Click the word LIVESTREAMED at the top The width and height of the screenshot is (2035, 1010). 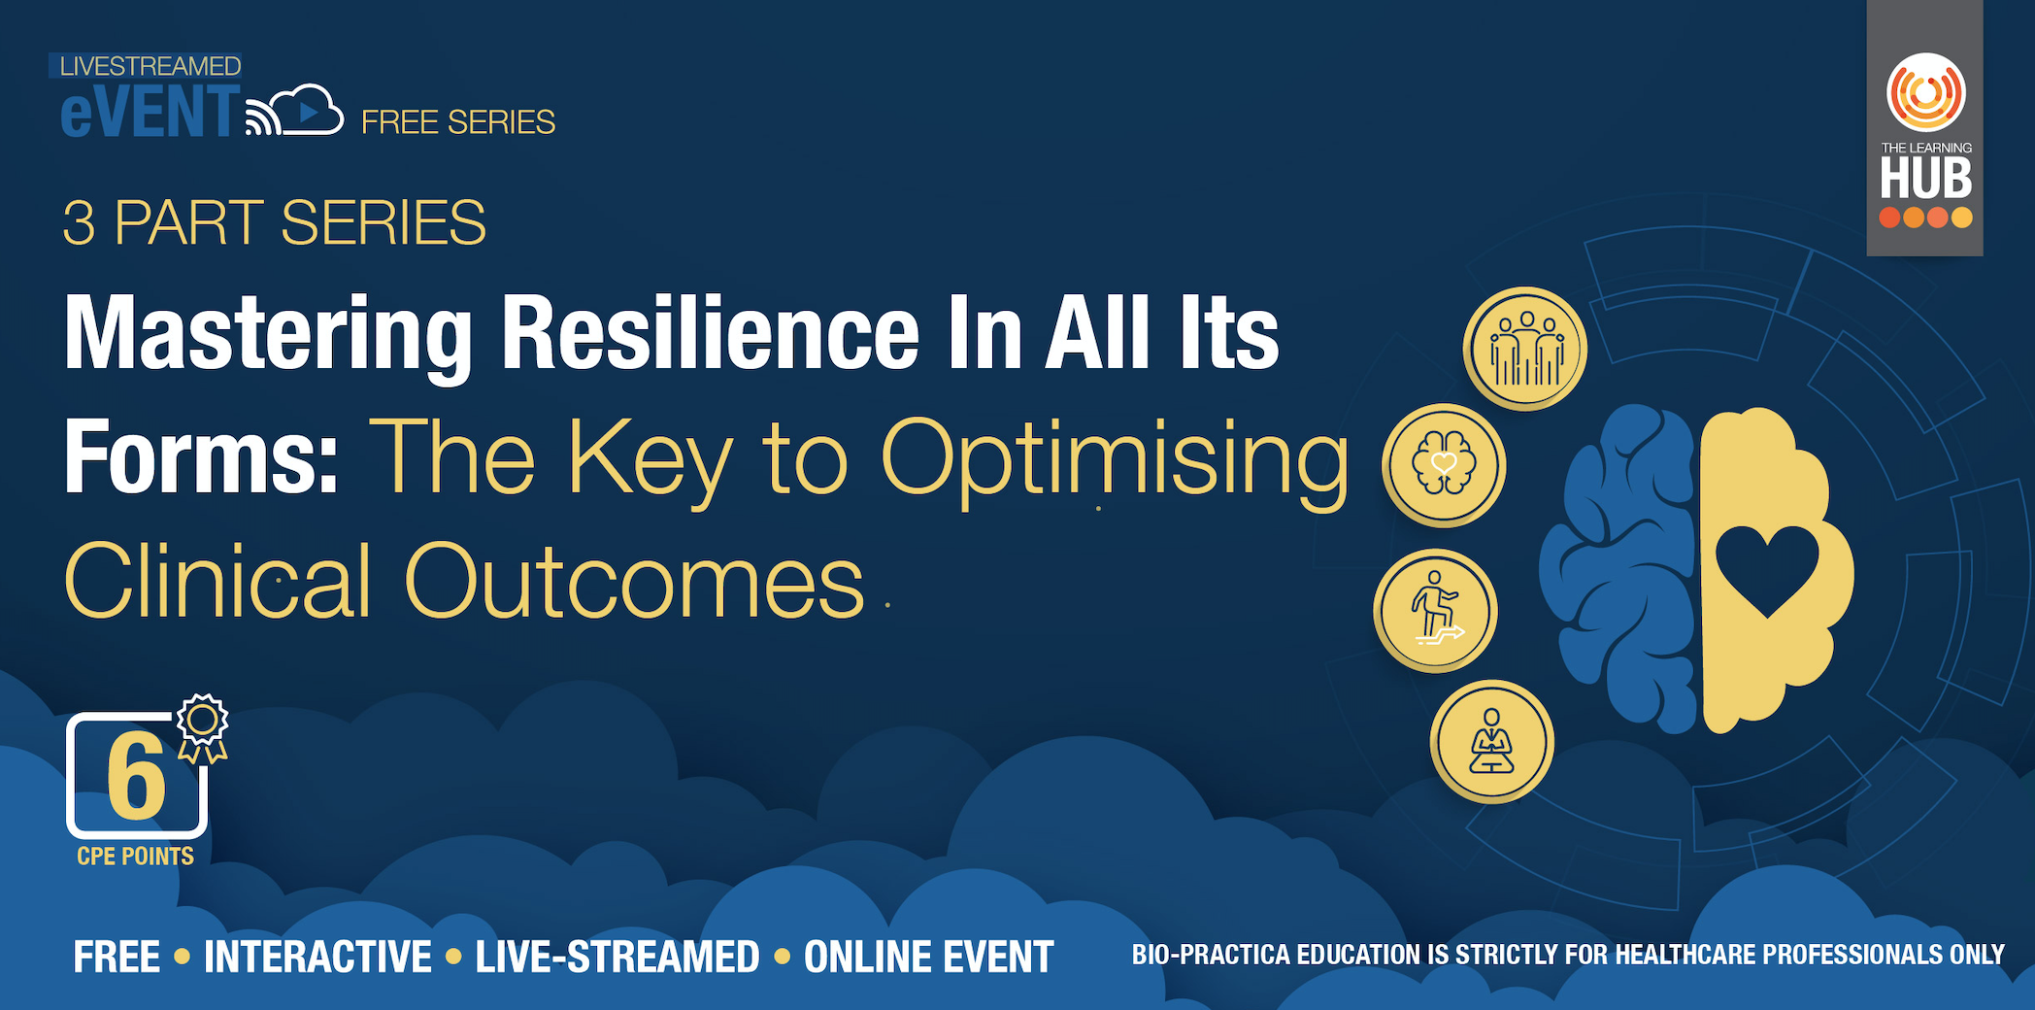click(150, 66)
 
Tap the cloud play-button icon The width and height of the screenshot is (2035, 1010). click(305, 110)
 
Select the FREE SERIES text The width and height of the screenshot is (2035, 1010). click(458, 122)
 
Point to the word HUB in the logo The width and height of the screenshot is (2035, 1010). click(1926, 178)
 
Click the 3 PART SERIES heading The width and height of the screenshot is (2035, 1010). click(274, 222)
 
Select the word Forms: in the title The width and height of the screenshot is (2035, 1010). click(201, 456)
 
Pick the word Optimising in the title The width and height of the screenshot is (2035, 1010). click(1115, 462)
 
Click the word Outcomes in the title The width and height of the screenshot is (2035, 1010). click(634, 582)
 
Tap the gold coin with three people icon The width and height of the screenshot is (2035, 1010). click(1525, 349)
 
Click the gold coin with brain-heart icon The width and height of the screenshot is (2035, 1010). click(1444, 465)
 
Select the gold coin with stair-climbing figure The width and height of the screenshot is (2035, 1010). click(1436, 611)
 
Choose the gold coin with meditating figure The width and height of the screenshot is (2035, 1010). click(1492, 741)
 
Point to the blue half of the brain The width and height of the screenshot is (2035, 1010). click(1620, 568)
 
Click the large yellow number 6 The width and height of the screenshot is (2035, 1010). click(137, 776)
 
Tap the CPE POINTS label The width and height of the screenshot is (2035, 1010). click(136, 857)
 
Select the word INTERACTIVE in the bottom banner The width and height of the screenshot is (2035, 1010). click(317, 957)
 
